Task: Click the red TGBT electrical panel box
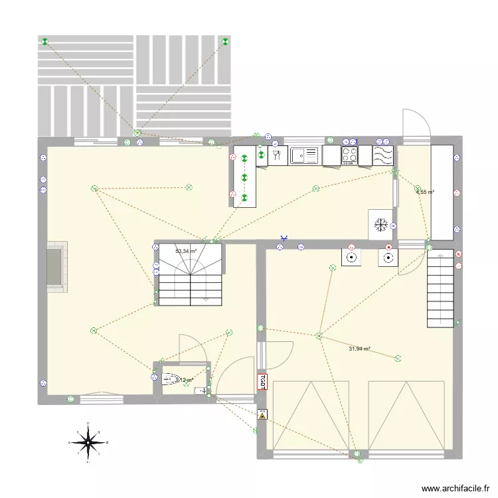coord(262,381)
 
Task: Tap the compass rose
coord(87,441)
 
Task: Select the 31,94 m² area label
coord(359,349)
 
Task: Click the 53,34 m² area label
coord(185,251)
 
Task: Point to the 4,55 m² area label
coord(425,192)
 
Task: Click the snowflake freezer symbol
coord(380,224)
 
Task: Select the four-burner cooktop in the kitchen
coord(350,155)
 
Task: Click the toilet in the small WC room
coord(170,379)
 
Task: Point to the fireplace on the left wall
coord(56,268)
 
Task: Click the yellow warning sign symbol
coord(262,415)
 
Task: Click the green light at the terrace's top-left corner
coord(45,43)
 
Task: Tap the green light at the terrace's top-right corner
coord(226,42)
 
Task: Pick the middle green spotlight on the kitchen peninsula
coord(244,177)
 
